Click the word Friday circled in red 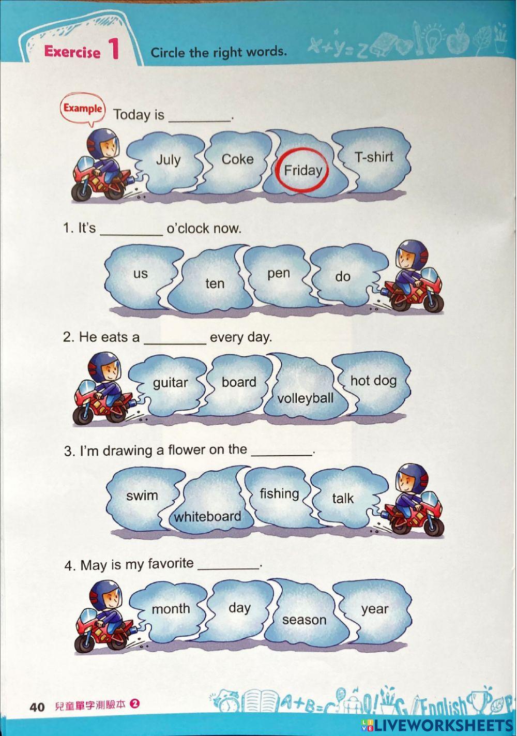[303, 170]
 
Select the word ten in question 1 [215, 283]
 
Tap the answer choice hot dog [373, 381]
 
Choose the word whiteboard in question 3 [207, 516]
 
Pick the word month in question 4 [171, 609]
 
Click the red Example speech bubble [83, 109]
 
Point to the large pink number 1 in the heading [113, 49]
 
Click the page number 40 [37, 707]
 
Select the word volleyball [305, 398]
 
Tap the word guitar [170, 383]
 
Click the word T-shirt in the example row [374, 157]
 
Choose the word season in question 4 [304, 620]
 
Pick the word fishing [279, 493]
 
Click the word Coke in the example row [237, 159]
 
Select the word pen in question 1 [278, 273]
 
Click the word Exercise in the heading [72, 52]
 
